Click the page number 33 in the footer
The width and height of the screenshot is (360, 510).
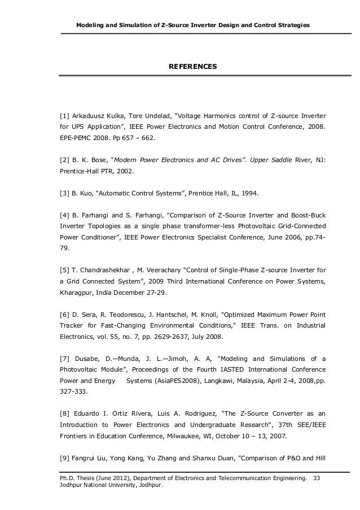[316, 479]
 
